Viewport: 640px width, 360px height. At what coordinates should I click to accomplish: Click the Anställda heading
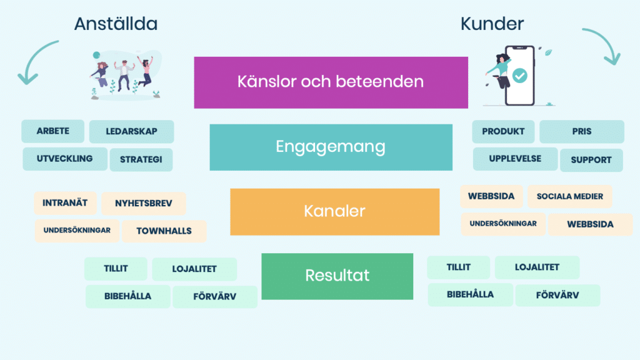point(116,24)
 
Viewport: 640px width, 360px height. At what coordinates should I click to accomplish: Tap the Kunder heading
point(492,24)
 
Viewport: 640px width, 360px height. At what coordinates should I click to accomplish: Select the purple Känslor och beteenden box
point(331,82)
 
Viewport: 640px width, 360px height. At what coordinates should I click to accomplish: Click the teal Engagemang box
point(331,147)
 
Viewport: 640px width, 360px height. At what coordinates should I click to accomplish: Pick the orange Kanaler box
point(334,211)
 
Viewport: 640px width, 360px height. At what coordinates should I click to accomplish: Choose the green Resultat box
point(337,276)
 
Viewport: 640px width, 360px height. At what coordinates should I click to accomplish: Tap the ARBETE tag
point(52,131)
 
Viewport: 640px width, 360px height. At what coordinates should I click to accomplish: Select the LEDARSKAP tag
point(131,132)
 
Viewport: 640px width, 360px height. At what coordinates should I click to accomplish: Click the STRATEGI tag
point(141,159)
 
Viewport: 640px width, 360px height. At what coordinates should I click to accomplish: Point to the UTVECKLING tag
point(64,159)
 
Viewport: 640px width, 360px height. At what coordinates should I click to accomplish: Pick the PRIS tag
point(581,132)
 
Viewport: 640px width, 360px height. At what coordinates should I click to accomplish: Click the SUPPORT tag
point(591,160)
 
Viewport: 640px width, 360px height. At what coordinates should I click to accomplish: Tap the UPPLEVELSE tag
point(515,159)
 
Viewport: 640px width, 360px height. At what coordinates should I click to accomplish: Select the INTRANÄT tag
point(65,203)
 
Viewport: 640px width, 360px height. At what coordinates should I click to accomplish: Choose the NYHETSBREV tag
point(143,204)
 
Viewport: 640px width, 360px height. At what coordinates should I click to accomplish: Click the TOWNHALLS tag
point(164,231)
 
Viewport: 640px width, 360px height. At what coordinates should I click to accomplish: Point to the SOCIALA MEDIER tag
point(569,196)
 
